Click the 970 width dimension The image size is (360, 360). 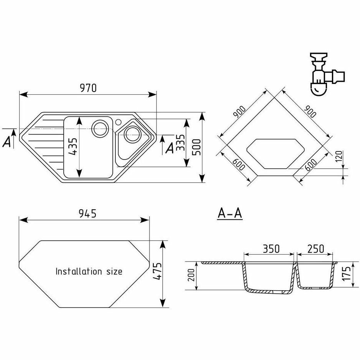point(87,88)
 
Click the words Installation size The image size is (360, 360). point(89,271)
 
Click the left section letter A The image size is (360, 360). point(7,142)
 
